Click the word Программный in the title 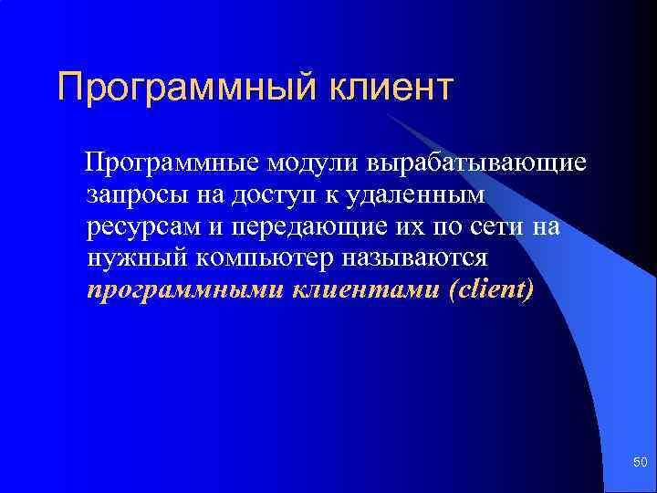(183, 88)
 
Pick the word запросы (134, 195)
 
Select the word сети (503, 226)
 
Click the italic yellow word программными (183, 291)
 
